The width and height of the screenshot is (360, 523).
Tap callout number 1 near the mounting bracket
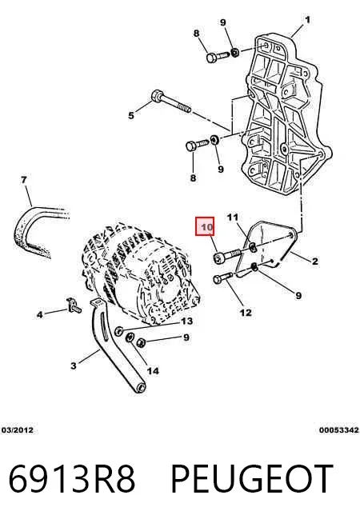click(307, 20)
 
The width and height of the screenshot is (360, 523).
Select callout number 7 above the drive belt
click(24, 180)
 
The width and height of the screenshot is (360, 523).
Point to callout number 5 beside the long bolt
click(131, 115)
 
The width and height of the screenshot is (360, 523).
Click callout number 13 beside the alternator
click(186, 321)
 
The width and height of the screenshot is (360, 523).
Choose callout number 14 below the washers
click(153, 370)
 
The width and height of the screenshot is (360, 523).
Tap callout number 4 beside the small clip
click(40, 314)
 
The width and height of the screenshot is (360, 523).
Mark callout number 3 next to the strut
click(74, 365)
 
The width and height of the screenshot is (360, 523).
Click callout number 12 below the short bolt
click(246, 313)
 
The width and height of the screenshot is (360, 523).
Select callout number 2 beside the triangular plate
click(314, 261)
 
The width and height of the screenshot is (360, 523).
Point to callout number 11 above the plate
click(233, 218)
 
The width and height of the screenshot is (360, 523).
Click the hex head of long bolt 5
click(156, 96)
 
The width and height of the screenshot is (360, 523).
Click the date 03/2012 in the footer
click(18, 430)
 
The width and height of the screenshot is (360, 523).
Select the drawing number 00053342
click(338, 430)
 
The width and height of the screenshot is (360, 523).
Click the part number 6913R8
click(72, 478)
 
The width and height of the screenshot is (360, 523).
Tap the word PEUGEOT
click(252, 478)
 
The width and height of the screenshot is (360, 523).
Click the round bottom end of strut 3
click(141, 388)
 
